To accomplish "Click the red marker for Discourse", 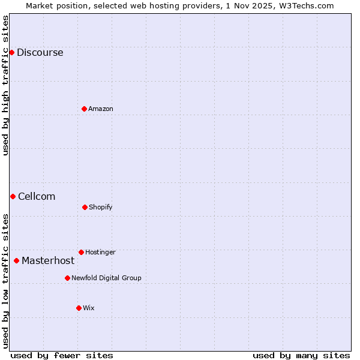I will point(11,52).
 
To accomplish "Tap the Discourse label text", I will point(40,53).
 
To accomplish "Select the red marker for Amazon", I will point(84,109).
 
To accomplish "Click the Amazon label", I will point(101,109).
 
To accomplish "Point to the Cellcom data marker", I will point(13,196).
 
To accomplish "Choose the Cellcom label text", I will point(37,197).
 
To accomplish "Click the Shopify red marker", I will point(85,207).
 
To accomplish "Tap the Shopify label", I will point(100,208).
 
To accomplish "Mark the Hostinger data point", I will point(81,252).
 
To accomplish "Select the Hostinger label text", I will point(100,253).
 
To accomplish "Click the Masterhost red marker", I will point(16,260).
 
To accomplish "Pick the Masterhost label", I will point(48,261).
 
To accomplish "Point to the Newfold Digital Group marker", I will point(67,278).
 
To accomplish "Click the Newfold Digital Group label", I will point(106,278).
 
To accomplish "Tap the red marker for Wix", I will point(79,308).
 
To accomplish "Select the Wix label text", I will point(89,308).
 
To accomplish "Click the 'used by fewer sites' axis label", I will point(62,355).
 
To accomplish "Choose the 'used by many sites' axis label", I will point(301,355).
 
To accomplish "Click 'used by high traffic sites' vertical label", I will point(5,85).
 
